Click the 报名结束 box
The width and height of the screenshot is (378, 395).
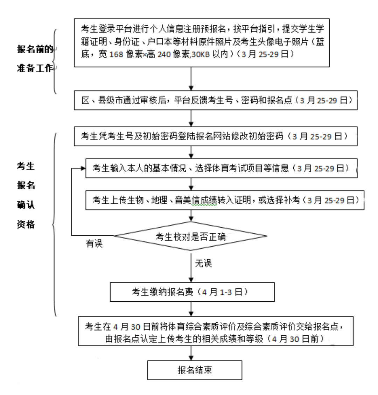coord(194,370)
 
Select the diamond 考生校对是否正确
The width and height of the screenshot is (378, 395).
coord(191,236)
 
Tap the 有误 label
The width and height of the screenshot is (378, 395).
coord(94,243)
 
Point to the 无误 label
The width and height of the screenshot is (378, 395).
coord(203,263)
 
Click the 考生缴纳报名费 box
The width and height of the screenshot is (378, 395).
coord(192,292)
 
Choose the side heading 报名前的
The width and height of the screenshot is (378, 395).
coord(35,49)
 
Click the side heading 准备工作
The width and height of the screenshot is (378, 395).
coord(35,68)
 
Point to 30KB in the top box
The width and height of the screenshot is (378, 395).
coord(202,55)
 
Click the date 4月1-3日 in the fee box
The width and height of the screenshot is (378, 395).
coord(222,292)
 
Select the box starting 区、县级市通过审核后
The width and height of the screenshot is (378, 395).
coord(216,100)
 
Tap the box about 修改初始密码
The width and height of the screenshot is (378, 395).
coord(216,136)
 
